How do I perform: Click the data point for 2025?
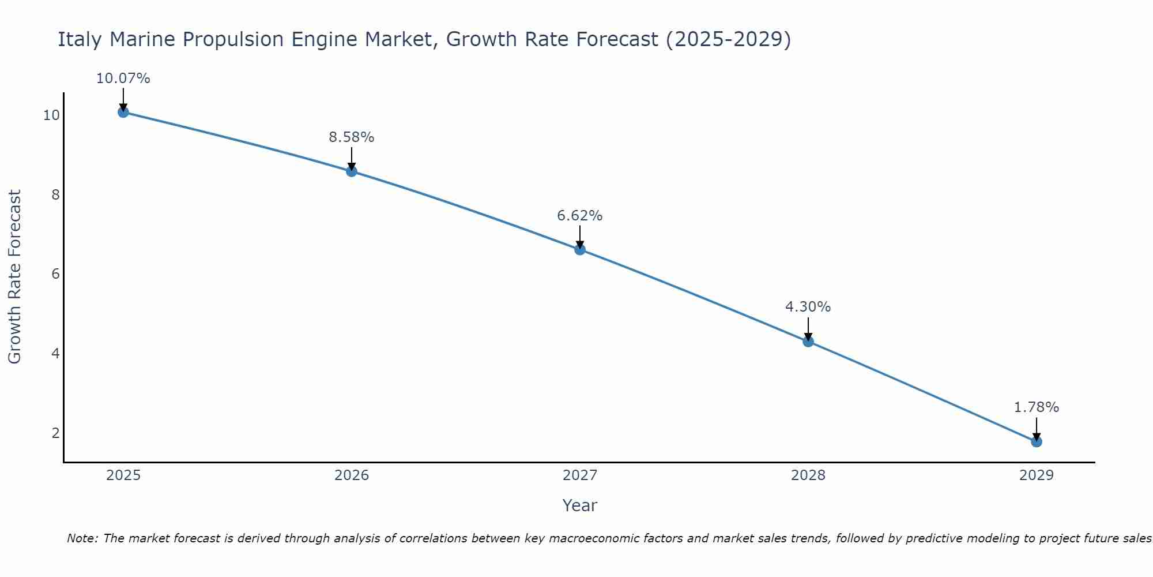pyautogui.click(x=123, y=112)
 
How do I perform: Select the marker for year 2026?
pyautogui.click(x=352, y=171)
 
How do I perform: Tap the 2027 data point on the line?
pyautogui.click(x=580, y=249)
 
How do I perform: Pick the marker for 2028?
pyautogui.click(x=808, y=342)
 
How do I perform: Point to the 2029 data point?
pyautogui.click(x=1037, y=442)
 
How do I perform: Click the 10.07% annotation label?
pyautogui.click(x=123, y=78)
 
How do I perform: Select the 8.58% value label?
pyautogui.click(x=352, y=137)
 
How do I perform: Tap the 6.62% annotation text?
pyautogui.click(x=580, y=216)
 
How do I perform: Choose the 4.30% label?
pyautogui.click(x=808, y=307)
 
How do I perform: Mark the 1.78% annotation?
pyautogui.click(x=1037, y=407)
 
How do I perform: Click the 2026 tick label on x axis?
pyautogui.click(x=352, y=475)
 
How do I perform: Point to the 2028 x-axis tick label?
pyautogui.click(x=808, y=475)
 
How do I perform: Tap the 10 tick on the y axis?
pyautogui.click(x=51, y=115)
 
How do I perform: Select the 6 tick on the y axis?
pyautogui.click(x=55, y=274)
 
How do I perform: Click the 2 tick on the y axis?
pyautogui.click(x=55, y=433)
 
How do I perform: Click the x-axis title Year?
pyautogui.click(x=580, y=505)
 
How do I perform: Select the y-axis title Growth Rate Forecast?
pyautogui.click(x=14, y=276)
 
